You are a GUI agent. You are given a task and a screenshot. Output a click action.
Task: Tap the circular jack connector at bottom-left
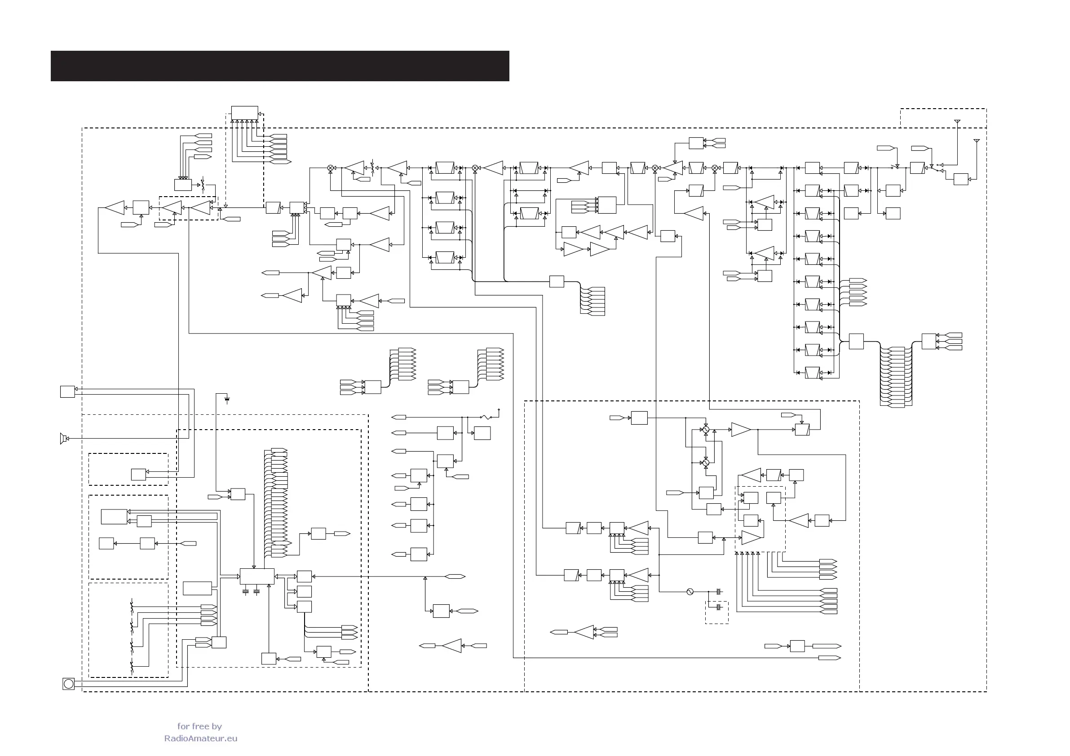(69, 684)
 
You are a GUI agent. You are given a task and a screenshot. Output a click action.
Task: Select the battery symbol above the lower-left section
(227, 399)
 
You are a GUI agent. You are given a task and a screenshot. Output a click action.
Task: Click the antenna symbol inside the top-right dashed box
(957, 122)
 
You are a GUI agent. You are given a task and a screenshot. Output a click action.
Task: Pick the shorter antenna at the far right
(976, 141)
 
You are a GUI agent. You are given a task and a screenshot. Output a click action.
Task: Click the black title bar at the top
(279, 66)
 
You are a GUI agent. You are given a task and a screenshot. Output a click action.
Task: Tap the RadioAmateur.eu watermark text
(200, 738)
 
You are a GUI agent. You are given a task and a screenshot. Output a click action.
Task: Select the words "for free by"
(199, 726)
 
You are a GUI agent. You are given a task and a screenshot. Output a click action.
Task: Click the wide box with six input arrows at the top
(245, 113)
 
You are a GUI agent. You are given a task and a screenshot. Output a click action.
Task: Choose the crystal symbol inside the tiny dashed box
(718, 607)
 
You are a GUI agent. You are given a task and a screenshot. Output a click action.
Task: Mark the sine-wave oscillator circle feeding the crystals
(690, 592)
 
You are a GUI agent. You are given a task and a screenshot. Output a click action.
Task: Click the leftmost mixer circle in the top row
(331, 168)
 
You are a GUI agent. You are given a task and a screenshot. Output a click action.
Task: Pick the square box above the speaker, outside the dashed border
(67, 391)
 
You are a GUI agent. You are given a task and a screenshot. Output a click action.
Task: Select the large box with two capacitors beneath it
(257, 576)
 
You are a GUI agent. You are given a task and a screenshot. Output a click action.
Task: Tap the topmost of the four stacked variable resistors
(132, 607)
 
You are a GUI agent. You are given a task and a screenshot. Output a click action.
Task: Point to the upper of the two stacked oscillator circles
(706, 430)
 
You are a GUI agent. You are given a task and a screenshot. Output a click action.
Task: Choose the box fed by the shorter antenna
(960, 179)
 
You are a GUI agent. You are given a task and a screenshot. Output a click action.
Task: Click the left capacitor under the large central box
(246, 592)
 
